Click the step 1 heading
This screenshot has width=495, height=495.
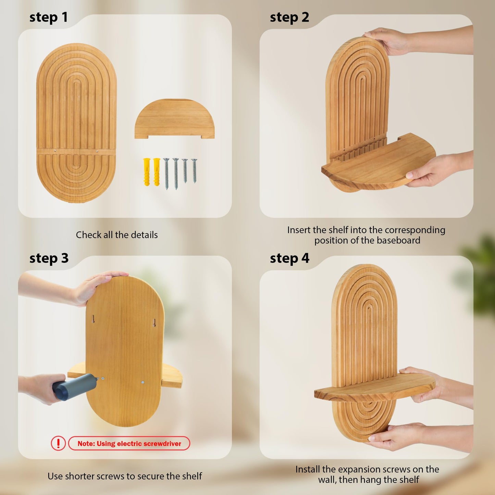(49, 18)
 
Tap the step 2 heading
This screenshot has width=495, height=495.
(289, 18)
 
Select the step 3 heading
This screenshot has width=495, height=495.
(49, 258)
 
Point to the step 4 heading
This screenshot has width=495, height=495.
(289, 258)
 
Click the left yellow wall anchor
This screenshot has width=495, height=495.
(146, 172)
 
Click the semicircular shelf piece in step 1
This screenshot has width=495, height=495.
(174, 119)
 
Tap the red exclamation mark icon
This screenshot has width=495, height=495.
(58, 443)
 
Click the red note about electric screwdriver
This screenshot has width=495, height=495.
(129, 443)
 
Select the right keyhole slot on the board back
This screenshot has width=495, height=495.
(154, 322)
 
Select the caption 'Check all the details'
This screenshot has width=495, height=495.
(117, 235)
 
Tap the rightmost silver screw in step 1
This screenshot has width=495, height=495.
(194, 171)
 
